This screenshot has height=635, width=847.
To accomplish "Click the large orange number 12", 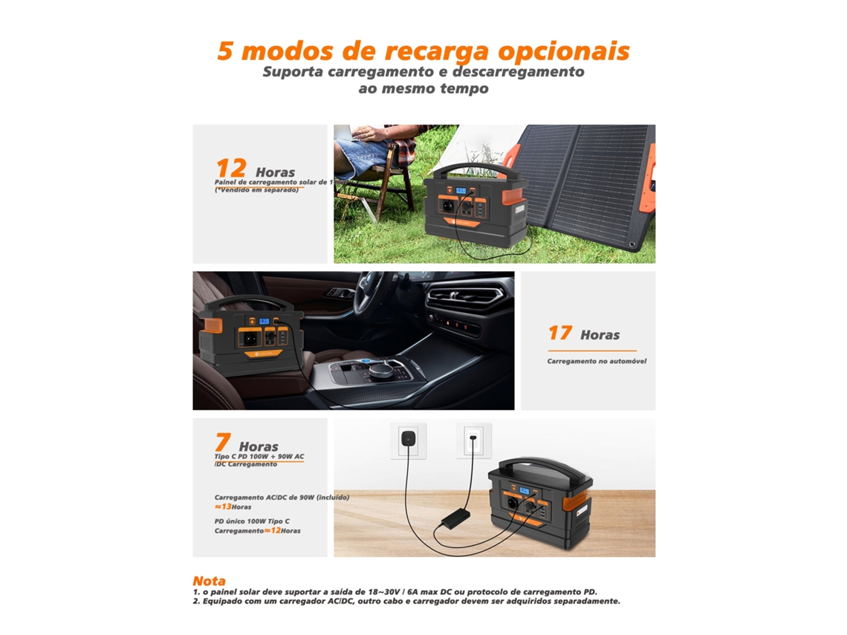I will pos(230,169).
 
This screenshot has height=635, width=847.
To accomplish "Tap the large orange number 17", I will pos(559,333).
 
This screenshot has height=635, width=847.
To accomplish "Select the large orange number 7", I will pos(222,443).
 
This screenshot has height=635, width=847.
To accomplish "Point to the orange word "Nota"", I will pos(209,580).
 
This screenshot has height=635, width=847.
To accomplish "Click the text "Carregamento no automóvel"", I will pos(597,361).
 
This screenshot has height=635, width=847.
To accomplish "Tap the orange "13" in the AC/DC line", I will pos(227,507).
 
